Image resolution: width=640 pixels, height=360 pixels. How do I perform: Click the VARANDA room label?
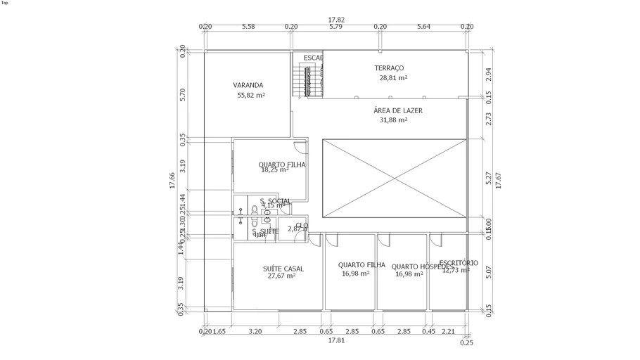coord(248,85)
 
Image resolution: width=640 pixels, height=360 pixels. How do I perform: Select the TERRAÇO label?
coord(389,68)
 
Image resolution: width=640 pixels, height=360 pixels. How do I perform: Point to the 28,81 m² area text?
coord(393,78)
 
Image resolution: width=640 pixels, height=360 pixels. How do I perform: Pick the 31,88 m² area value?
coord(393,120)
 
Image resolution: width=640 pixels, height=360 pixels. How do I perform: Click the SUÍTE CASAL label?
coord(283,268)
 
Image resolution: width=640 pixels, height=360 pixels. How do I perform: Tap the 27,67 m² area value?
coord(281,276)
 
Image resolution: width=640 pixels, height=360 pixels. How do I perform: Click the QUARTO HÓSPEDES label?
coord(420,266)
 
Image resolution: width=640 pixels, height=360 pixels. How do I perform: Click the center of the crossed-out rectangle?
coord(395,178)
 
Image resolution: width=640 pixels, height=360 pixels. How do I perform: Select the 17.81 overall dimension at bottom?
coord(336,340)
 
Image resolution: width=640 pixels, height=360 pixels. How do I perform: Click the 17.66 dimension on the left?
coord(172,181)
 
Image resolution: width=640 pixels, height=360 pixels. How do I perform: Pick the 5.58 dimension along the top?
coord(248,27)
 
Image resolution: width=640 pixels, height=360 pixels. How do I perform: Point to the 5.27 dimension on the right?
coord(489,179)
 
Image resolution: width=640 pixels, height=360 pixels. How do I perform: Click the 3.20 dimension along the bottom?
coord(255,331)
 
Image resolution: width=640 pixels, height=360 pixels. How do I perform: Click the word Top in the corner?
coord(5,3)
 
